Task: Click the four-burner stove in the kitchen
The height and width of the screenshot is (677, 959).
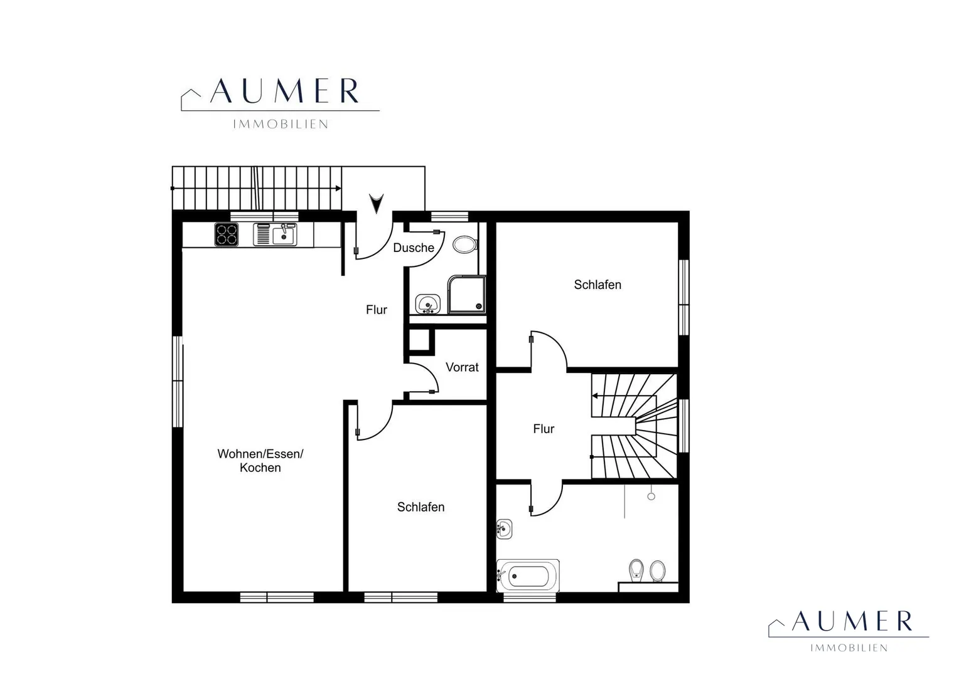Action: pos(227,234)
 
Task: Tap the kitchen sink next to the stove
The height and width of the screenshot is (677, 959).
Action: pos(275,234)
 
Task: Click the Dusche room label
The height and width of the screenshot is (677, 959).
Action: pos(414,248)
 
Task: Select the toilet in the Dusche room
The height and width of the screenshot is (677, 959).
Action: pos(465,245)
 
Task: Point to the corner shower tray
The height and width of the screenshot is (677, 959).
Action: pos(467,294)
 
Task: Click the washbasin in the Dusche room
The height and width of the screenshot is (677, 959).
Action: pos(427,304)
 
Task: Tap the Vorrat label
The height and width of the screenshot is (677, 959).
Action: pos(462,367)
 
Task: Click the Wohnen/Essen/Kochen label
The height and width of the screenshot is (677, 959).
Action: pos(260,461)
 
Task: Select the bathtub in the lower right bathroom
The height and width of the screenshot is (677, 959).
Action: pos(528,575)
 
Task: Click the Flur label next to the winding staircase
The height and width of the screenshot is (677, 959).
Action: pos(544,429)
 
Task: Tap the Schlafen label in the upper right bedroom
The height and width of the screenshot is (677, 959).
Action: pos(597,285)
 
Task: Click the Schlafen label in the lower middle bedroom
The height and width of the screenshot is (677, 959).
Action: pos(421,507)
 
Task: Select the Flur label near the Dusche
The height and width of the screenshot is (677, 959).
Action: pos(377,310)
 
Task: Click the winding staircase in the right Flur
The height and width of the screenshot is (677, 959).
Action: pos(634,426)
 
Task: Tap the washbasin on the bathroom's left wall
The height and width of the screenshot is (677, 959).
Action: pos(505,529)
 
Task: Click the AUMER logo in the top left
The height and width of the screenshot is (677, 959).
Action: pos(280,103)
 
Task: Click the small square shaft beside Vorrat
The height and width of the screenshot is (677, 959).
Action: pos(419,340)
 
